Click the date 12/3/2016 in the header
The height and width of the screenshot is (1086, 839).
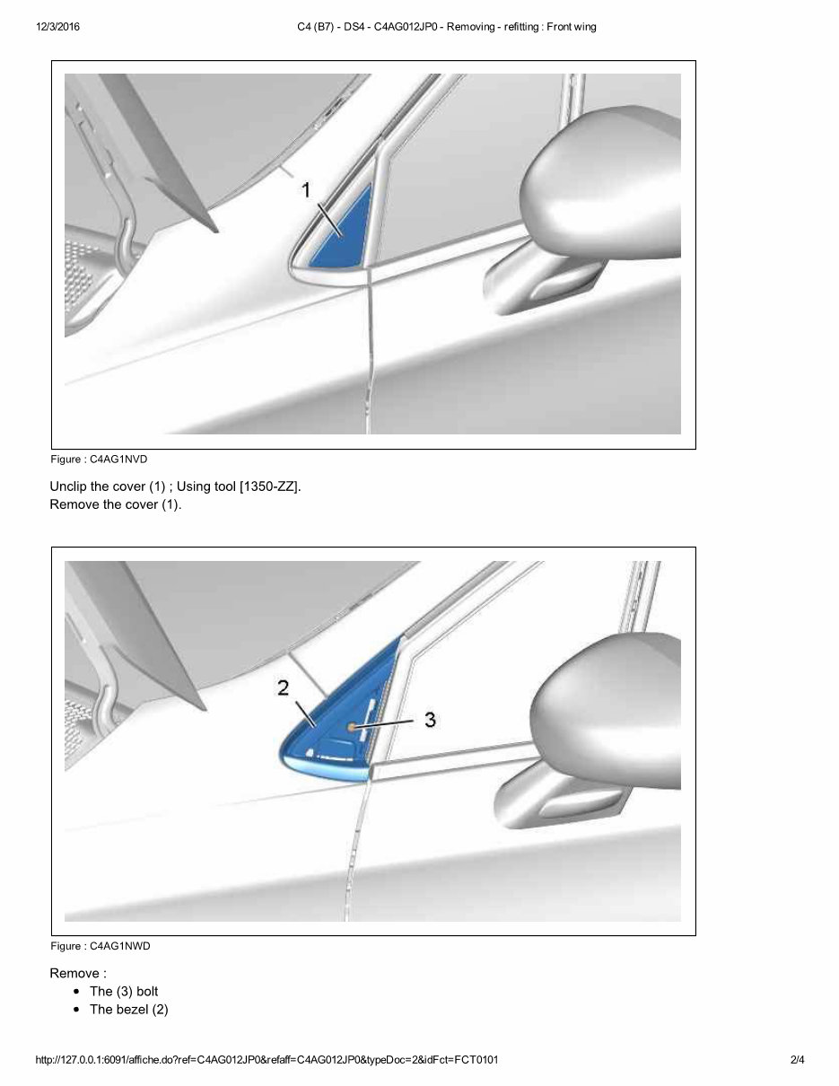point(58,27)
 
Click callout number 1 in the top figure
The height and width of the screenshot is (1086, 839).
point(306,189)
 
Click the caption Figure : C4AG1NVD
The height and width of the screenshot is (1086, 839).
point(99,460)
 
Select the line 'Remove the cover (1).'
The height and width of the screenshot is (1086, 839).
point(115,504)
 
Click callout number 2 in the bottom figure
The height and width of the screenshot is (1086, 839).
point(283,688)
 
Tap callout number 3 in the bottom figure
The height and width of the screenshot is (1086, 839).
point(430,719)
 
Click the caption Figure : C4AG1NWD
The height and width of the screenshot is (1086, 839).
point(100,946)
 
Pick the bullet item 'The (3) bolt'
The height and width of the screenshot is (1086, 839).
point(124,991)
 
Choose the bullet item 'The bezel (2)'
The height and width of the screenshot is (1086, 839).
point(128,1010)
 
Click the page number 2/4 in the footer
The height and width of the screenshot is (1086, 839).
point(797,1060)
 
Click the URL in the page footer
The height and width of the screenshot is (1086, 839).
point(267,1060)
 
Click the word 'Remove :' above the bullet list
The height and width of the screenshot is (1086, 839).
point(78,973)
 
